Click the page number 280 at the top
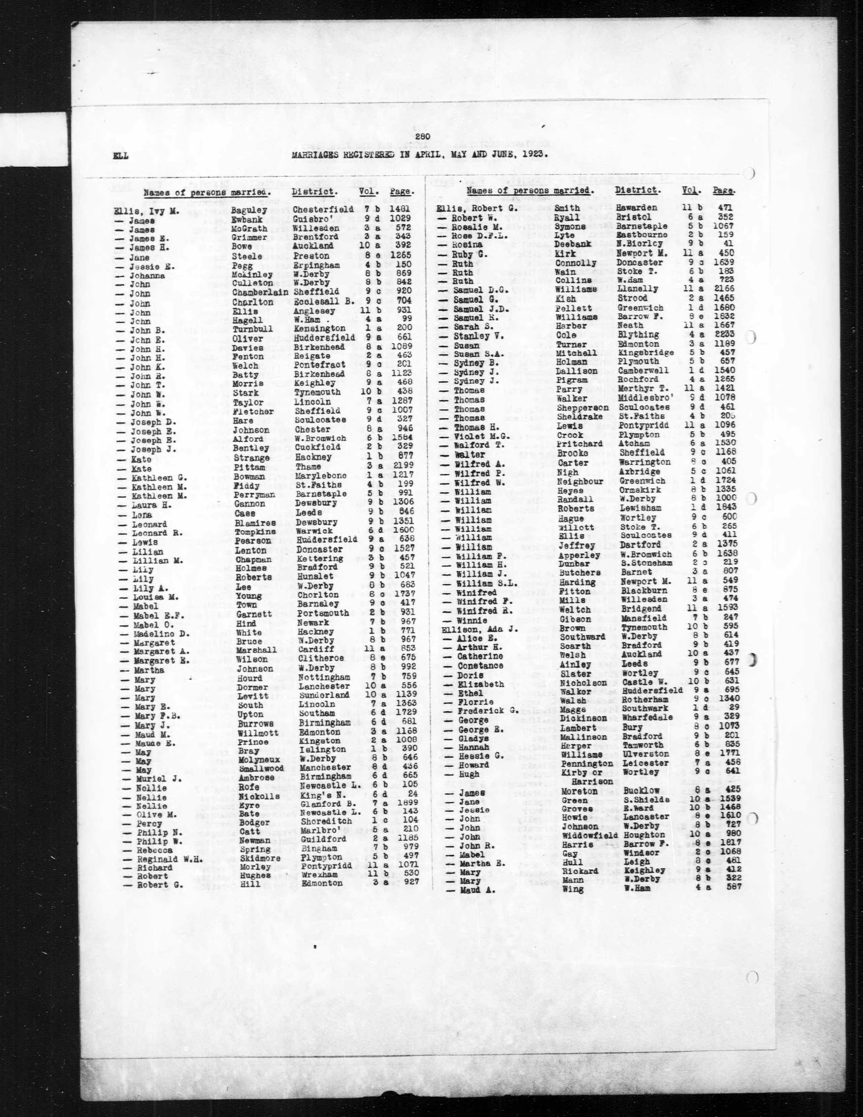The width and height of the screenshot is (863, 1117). (424, 136)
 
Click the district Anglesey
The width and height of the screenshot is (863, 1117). (314, 311)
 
